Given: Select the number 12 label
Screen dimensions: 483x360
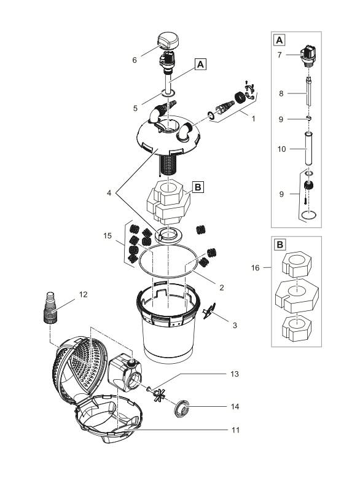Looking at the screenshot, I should (x=84, y=294).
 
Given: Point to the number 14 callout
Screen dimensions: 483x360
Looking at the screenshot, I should (x=235, y=406).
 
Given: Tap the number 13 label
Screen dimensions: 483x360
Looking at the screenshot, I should (x=235, y=374).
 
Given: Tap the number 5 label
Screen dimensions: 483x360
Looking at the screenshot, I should (x=135, y=108).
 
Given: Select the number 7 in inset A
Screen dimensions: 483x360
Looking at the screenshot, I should (x=280, y=55).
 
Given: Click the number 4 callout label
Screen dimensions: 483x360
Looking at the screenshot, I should (x=110, y=193).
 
